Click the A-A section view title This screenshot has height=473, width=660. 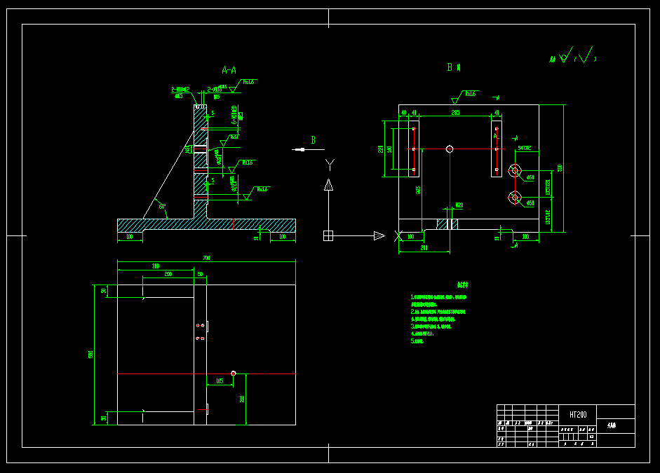coord(229,70)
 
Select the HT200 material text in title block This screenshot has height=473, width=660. coord(579,414)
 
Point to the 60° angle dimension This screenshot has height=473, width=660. coord(163,207)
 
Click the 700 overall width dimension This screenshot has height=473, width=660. coord(206,259)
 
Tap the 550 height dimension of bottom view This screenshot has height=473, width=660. coord(90,355)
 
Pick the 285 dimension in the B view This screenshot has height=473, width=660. coord(455,112)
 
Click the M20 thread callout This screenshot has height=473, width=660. coord(459,205)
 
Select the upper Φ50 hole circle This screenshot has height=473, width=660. coord(516,170)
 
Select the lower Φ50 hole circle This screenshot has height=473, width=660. coord(516,199)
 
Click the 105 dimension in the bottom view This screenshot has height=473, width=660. coord(220,381)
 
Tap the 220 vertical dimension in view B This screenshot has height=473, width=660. coord(381,149)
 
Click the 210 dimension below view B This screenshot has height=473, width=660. coord(424,248)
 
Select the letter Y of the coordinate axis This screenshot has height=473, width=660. coord(330,164)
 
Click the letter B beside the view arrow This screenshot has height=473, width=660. coord(314,140)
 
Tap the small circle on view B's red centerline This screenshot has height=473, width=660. coord(450,149)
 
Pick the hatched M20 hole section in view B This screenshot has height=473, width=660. coord(447,224)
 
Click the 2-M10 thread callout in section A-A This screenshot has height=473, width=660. coord(180,90)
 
